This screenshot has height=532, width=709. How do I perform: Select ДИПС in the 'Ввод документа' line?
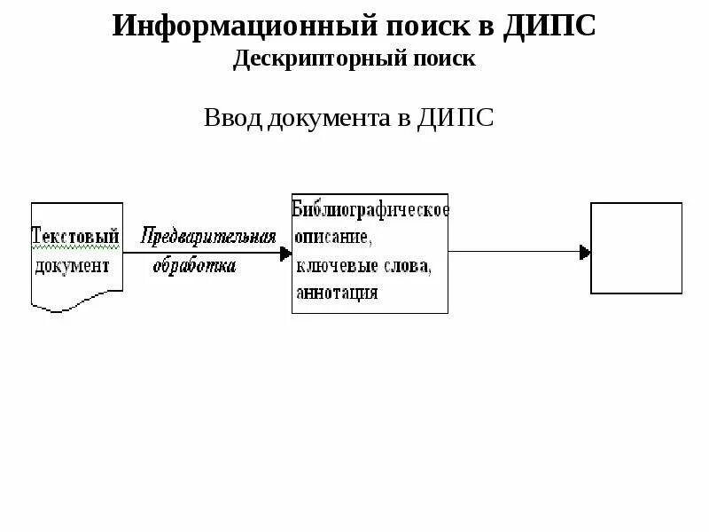(x=456, y=118)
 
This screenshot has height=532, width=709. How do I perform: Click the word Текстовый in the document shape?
(x=76, y=238)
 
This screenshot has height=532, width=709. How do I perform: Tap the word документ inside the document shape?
(x=74, y=265)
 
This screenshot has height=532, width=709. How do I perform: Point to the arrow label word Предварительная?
(x=208, y=238)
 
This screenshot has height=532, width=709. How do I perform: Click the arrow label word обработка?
(x=194, y=266)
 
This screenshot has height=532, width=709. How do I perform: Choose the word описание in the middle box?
(x=332, y=239)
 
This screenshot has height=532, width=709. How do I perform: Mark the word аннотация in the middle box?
(x=338, y=293)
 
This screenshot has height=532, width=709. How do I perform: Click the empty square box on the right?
(x=637, y=248)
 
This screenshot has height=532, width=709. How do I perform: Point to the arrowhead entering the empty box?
(x=585, y=253)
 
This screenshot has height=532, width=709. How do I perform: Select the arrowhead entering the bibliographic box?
(x=285, y=254)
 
